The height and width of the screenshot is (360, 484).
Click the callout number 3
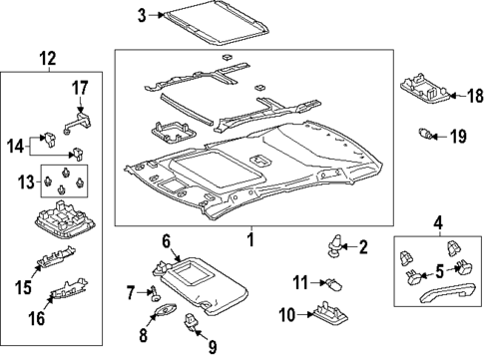pyautogui.click(x=142, y=14)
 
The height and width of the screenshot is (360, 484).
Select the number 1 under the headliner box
pyautogui.click(x=250, y=240)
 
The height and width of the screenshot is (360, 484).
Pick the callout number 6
pyautogui.click(x=167, y=240)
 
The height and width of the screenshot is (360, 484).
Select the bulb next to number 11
pyautogui.click(x=330, y=286)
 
